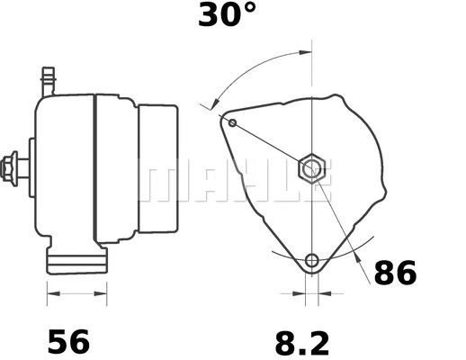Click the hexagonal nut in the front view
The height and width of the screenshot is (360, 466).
pyautogui.click(x=310, y=166)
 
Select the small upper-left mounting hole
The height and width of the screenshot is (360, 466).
pyautogui.click(x=233, y=121)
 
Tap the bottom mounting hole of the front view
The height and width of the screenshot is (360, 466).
pyautogui.click(x=311, y=261)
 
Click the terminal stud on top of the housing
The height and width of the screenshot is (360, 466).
pyautogui.click(x=48, y=79)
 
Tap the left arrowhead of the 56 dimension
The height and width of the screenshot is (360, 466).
pyautogui.click(x=51, y=293)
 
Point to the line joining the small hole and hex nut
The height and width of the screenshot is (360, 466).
pyautogui.click(x=270, y=143)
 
